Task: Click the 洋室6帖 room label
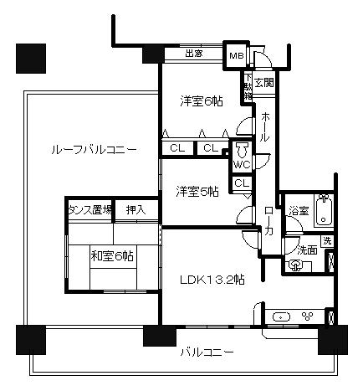[201, 100]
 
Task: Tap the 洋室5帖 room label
[197, 191]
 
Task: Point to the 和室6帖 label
[112, 257]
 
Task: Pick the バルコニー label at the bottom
[207, 352]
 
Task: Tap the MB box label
[237, 56]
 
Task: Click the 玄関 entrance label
[265, 82]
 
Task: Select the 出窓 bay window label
[193, 55]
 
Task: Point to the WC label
[241, 165]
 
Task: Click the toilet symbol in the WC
[242, 150]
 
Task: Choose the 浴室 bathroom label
[299, 212]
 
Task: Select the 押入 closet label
[136, 209]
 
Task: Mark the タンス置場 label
[90, 209]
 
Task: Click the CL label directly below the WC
[241, 183]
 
